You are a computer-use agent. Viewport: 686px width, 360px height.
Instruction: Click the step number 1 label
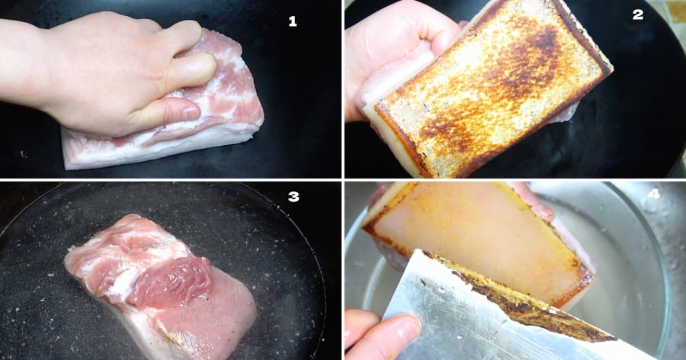coord(293,21)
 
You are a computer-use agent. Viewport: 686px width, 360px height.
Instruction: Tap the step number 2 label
coord(638,14)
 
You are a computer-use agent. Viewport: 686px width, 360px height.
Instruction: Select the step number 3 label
coord(293,197)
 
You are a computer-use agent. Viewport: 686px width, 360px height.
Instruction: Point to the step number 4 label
coord(654,194)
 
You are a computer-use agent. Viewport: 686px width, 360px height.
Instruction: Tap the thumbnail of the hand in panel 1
coord(190,113)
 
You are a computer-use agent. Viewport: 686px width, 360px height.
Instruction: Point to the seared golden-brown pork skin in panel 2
coord(492,88)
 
